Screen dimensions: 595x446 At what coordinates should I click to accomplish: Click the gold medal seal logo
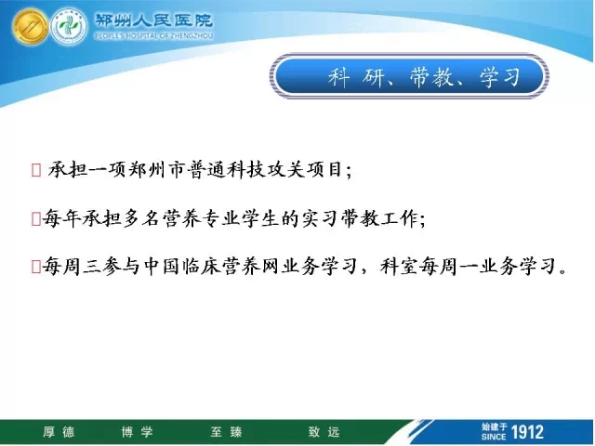coord(31,26)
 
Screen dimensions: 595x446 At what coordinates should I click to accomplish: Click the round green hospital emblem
coord(69,26)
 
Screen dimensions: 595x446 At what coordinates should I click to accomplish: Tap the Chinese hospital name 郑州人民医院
coord(153,20)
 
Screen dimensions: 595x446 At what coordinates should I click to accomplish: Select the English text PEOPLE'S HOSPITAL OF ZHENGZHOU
coord(153,36)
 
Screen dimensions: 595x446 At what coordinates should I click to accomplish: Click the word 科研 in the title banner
coord(355,77)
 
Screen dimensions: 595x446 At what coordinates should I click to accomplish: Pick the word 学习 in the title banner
coord(500,77)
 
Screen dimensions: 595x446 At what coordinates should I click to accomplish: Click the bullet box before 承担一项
coord(36,170)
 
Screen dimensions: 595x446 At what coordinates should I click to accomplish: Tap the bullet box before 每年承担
coord(36,219)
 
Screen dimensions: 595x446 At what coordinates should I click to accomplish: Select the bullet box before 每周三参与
coord(36,267)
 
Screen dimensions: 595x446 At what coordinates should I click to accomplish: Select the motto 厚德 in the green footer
coord(59,432)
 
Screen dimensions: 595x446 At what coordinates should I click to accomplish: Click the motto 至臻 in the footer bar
coord(226,432)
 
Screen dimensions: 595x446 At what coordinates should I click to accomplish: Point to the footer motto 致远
coord(324,432)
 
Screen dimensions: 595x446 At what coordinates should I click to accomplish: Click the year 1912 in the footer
coord(527,432)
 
